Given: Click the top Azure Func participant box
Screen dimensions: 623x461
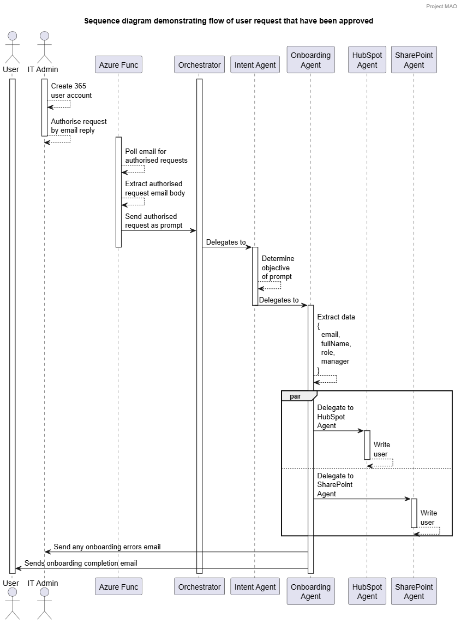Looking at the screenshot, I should coord(118,65).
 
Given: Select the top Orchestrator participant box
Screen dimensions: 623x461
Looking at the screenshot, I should coord(199,65).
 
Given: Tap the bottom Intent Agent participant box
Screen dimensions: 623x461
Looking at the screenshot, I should coord(255,587).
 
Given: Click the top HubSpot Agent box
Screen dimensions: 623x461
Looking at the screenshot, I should coord(367,60).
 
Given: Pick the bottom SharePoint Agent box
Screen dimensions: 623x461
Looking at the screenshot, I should coord(414,591).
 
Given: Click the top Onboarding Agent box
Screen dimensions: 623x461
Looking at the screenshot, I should coord(310,60).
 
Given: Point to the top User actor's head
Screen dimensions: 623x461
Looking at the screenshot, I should coord(11,36).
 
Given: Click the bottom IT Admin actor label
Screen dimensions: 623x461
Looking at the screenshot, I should coord(43,583).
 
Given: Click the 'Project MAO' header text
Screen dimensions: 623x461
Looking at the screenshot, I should coord(442,6).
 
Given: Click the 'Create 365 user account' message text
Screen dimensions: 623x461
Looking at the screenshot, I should coord(71,91).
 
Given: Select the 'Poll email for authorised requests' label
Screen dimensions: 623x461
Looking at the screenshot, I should coord(156,156).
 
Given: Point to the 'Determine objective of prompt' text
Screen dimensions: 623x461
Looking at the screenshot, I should coord(277,268).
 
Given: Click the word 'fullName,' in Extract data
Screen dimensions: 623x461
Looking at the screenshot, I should coord(336,344).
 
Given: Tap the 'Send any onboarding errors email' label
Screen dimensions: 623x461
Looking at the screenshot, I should coord(106,547).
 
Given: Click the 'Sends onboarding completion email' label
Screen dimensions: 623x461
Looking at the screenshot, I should coord(81,563).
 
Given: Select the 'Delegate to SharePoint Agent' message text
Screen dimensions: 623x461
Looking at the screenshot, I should coord(334,485).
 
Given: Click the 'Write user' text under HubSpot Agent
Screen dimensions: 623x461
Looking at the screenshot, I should coord(381,449).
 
